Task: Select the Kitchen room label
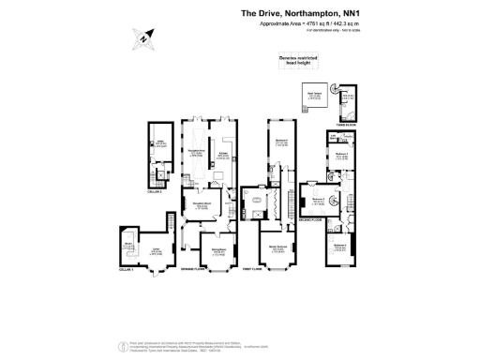click(224, 154)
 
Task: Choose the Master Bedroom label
click(277, 247)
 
